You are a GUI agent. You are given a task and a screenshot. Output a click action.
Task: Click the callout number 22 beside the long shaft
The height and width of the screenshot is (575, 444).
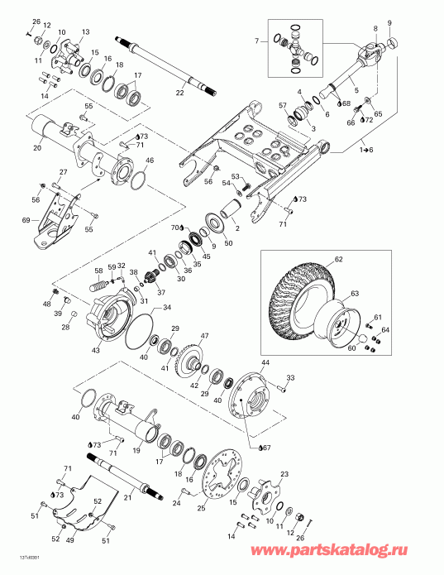point(179,93)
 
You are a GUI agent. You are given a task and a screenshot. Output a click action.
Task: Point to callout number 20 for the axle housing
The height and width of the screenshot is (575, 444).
point(37,148)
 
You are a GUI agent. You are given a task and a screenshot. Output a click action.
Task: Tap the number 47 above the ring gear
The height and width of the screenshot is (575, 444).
point(204,336)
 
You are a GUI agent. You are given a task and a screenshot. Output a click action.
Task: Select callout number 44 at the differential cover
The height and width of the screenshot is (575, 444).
point(265,363)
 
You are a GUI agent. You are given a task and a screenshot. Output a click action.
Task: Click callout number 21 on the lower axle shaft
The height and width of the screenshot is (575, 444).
point(128,497)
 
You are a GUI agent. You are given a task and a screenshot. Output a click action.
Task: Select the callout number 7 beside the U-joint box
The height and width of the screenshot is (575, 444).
point(257,40)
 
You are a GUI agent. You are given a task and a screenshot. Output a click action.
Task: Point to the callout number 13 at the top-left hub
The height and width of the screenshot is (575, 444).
point(85,31)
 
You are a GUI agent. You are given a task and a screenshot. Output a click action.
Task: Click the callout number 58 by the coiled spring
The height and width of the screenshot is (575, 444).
point(98,270)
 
